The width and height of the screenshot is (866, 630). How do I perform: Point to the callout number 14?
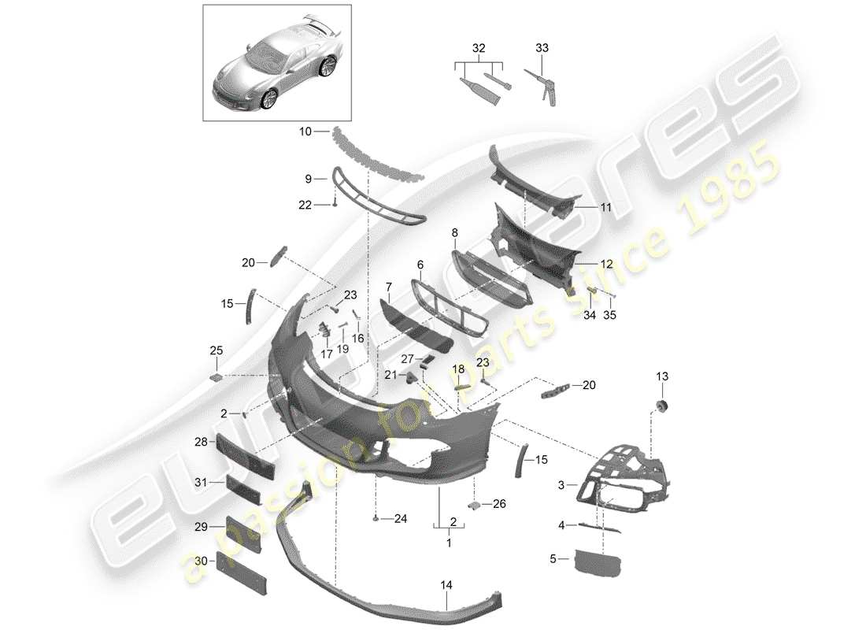446,586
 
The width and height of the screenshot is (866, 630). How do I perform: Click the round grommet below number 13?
661,406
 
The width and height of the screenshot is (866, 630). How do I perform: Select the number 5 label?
553,560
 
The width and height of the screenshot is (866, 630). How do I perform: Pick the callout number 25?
216,350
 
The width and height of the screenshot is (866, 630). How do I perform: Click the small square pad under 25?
217,377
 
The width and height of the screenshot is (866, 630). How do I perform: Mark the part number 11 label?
605,207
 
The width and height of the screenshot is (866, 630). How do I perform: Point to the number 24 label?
402,518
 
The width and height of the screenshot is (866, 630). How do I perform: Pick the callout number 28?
202,443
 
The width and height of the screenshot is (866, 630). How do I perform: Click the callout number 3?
561,486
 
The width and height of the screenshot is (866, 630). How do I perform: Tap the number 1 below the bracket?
450,543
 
